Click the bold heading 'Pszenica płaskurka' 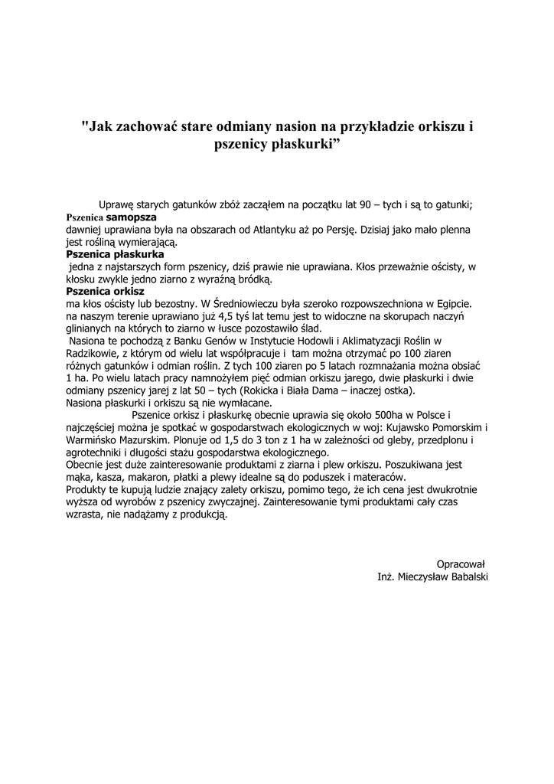[115, 254]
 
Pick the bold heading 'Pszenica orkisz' [105, 291]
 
